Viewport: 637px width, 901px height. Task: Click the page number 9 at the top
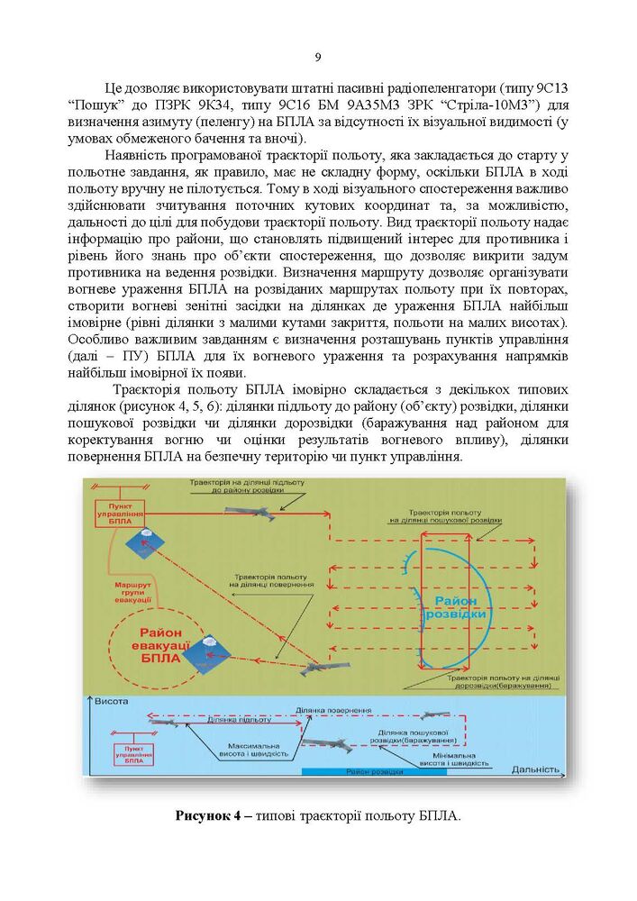click(319, 59)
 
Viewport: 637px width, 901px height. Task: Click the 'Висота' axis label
click(111, 700)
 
